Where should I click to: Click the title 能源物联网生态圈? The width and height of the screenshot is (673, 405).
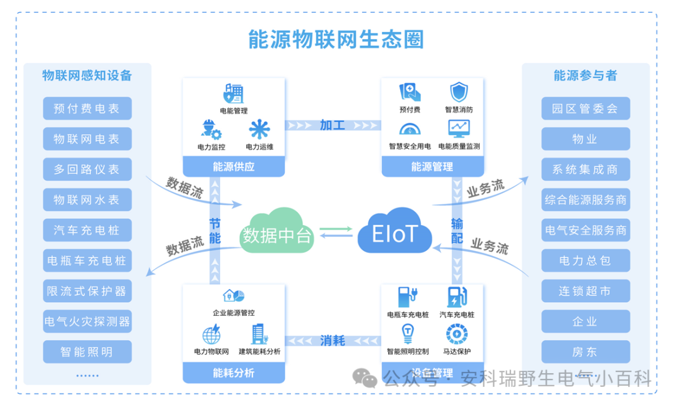click(336, 39)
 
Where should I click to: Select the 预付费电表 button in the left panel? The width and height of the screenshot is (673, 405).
click(87, 108)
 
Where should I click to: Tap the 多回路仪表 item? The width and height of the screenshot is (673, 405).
click(87, 169)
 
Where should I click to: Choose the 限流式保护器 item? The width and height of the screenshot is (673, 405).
click(87, 291)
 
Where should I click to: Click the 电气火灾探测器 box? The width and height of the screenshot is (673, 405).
click(87, 322)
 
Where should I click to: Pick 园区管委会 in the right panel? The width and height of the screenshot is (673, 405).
click(585, 108)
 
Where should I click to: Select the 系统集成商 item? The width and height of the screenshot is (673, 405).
click(585, 169)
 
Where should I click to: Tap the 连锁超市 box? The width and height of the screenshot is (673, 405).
click(585, 291)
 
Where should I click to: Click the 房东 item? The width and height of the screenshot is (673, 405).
click(585, 352)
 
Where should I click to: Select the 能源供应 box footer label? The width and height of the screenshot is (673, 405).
click(234, 166)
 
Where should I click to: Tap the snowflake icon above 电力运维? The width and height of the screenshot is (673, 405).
click(259, 130)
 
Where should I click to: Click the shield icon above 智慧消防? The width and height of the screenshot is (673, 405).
click(459, 92)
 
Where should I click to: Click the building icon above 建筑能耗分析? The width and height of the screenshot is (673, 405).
click(259, 335)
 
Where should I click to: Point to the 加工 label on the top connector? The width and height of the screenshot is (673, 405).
click(332, 125)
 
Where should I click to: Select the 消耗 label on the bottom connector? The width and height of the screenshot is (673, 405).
click(332, 340)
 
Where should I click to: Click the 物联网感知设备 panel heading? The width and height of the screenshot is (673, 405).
click(87, 75)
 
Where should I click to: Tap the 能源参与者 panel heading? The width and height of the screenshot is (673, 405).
click(585, 75)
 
